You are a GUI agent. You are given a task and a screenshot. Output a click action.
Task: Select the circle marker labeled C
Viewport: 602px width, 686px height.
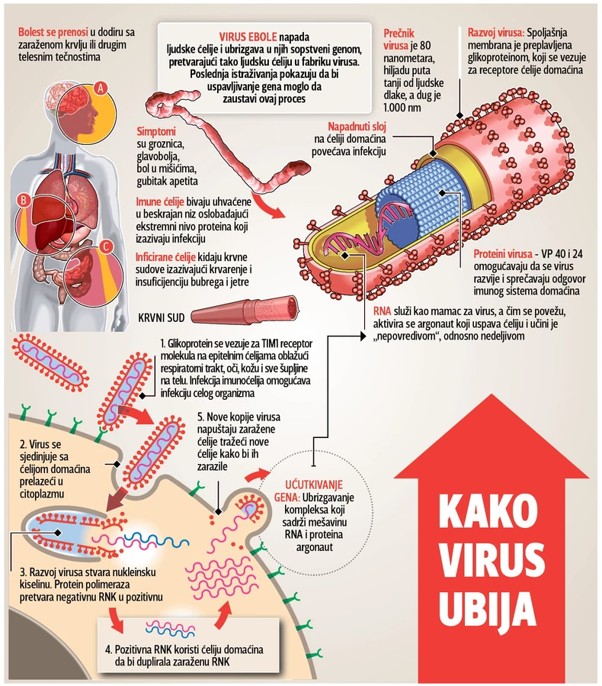pos(106,246)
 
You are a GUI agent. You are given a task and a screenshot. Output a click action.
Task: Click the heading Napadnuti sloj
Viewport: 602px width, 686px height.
pos(357,126)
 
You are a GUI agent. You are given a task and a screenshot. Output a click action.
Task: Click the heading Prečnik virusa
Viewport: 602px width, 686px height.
pos(404,39)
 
